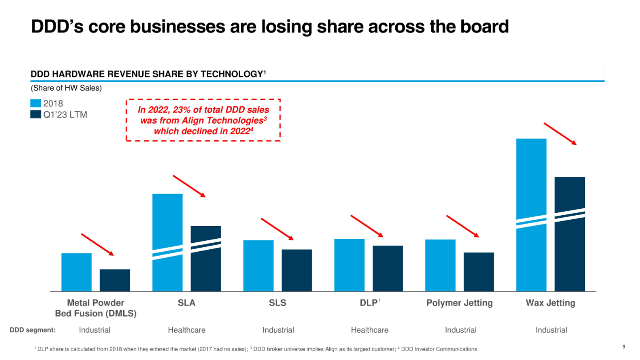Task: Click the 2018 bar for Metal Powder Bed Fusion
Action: [x=76, y=272]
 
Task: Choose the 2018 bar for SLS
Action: [x=258, y=265]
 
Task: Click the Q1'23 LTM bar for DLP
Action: [x=387, y=268]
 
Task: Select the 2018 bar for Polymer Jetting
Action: [x=440, y=265]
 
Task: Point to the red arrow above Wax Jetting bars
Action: [x=560, y=133]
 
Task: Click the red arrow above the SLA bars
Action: [x=189, y=186]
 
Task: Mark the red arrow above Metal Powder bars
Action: [x=97, y=244]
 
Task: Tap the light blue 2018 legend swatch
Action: [x=35, y=103]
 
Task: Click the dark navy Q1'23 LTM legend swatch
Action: [x=35, y=114]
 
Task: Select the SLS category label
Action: [x=278, y=303]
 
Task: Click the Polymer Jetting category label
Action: [x=459, y=303]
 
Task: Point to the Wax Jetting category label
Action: [x=550, y=303]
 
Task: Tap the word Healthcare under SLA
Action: [x=187, y=330]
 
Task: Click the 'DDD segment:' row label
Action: [x=32, y=330]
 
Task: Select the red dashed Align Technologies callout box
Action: [x=203, y=120]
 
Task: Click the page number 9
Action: [x=624, y=347]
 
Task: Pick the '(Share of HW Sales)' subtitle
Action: [x=66, y=88]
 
